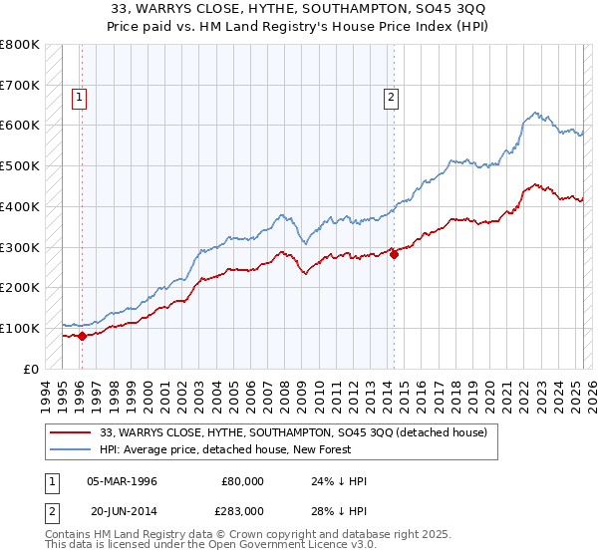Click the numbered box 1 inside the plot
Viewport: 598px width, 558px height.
(78, 97)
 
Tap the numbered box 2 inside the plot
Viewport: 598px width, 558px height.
(390, 97)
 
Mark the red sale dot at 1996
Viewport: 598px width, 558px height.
(82, 336)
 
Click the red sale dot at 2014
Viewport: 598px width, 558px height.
(394, 254)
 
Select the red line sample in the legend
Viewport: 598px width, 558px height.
(71, 432)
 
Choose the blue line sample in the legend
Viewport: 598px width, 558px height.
(71, 449)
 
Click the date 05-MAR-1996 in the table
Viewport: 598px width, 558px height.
(122, 481)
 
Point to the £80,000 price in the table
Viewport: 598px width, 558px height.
(242, 481)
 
